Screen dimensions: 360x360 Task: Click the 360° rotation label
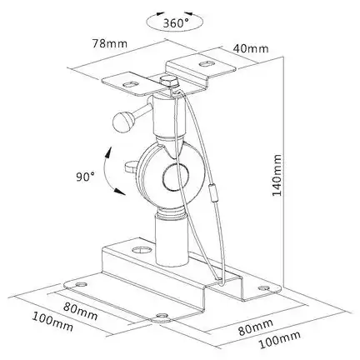(176, 23)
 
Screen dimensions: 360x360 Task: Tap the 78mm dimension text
(110, 43)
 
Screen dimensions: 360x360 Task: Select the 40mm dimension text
(251, 48)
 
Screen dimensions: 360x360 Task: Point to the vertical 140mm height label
(277, 175)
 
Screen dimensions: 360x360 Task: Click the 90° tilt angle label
(85, 177)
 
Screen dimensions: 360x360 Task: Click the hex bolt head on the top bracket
(168, 82)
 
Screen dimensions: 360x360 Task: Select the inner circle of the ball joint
(176, 177)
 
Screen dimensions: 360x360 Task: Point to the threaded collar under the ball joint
(172, 213)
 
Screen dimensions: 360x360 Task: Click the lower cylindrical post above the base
(172, 242)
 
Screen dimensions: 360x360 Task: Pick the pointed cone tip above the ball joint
(170, 147)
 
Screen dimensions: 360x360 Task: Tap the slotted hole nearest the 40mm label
(206, 64)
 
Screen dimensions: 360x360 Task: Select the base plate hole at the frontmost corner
(162, 316)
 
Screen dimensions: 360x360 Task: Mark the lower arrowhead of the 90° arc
(119, 191)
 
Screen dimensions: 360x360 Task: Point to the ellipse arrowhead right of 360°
(187, 13)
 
